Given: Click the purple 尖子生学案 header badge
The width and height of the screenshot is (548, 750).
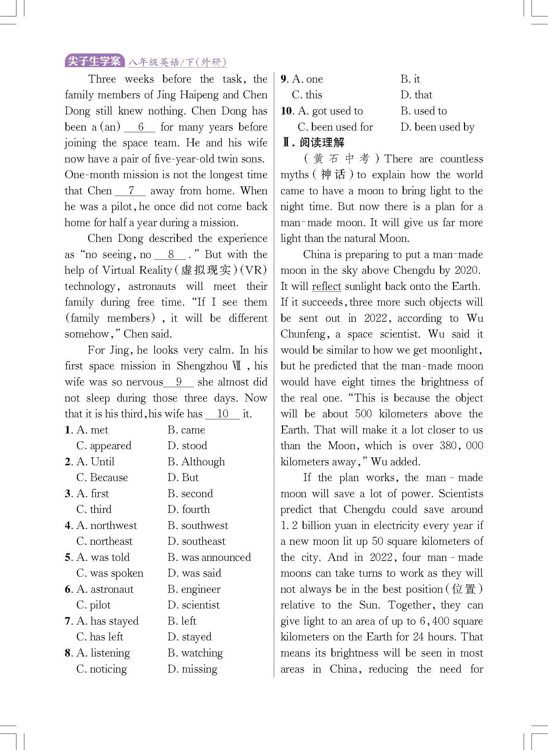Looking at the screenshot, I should [x=94, y=61].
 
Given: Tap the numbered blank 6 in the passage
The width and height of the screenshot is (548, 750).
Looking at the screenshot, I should [x=140, y=127].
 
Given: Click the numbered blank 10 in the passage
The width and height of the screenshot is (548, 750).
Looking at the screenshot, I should [x=222, y=414].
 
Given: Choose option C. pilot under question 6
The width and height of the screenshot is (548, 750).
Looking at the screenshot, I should [x=94, y=605].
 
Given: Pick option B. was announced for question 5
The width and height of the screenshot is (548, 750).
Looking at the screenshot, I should [x=209, y=557].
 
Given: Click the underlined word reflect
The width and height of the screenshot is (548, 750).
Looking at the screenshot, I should [x=326, y=286].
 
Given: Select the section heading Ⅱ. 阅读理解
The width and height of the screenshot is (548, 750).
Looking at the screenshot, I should [x=313, y=142].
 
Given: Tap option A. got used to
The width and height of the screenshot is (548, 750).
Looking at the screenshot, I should [x=330, y=111].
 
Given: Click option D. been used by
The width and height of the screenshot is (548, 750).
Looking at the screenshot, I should [x=437, y=127].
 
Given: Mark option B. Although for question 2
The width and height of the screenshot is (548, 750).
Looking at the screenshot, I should [x=196, y=462].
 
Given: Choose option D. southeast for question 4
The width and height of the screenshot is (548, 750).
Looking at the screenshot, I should [x=196, y=541].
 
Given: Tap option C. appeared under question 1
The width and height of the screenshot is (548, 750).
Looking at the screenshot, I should [x=104, y=446].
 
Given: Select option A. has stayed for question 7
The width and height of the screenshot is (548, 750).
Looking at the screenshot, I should [x=107, y=621].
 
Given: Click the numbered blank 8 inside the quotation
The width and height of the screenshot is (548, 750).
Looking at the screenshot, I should [x=170, y=255].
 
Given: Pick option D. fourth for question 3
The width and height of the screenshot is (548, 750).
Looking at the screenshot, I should [x=188, y=509].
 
